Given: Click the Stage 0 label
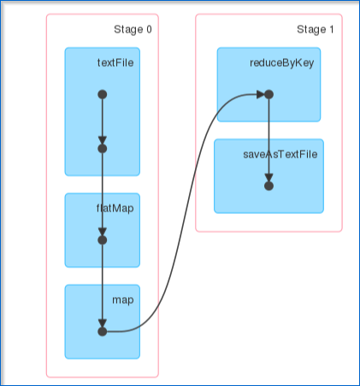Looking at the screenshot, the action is click(x=133, y=30).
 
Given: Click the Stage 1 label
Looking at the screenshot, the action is click(x=316, y=30).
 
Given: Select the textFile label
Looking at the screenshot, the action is click(x=115, y=62).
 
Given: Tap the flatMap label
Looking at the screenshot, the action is click(x=115, y=208).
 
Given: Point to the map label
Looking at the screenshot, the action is click(x=123, y=300).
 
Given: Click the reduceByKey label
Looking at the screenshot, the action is click(x=282, y=62).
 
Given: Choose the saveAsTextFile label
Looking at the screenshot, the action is click(x=280, y=154).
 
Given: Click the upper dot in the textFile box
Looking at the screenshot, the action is click(x=103, y=94).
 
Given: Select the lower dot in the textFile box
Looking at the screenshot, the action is click(x=103, y=149).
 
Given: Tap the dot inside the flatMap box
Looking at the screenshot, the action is click(x=103, y=241).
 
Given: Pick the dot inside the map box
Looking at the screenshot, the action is click(x=103, y=332).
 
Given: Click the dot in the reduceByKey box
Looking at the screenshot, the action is click(x=269, y=94).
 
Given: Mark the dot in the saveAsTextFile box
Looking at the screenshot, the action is click(x=269, y=186).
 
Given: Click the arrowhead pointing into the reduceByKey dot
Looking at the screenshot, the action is click(x=261, y=94).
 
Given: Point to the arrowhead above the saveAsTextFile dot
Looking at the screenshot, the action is click(x=269, y=177).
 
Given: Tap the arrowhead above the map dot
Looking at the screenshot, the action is click(x=103, y=324).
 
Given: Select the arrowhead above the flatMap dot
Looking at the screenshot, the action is click(x=103, y=232).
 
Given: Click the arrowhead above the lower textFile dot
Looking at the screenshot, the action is click(x=103, y=140).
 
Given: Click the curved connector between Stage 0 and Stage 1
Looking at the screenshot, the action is click(x=186, y=213).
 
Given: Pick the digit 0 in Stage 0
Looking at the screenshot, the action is click(x=149, y=29).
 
